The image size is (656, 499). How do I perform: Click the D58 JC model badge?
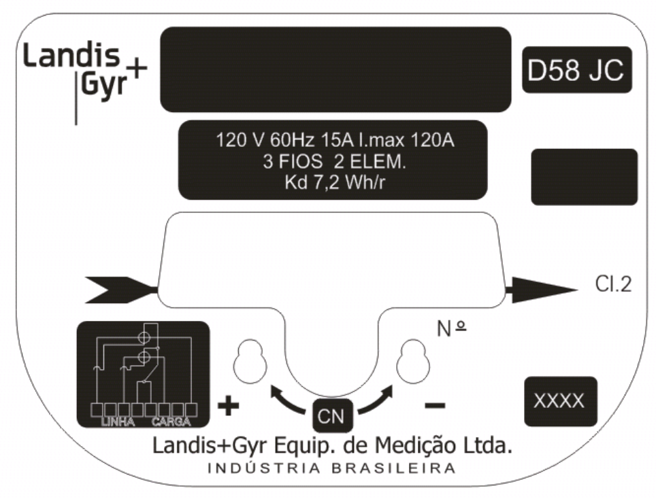tap(577, 70)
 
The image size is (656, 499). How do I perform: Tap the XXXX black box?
tap(561, 401)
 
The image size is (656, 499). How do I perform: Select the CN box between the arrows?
tap(332, 415)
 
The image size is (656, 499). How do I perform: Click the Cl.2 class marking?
tap(613, 285)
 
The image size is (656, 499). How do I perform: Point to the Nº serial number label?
tap(451, 328)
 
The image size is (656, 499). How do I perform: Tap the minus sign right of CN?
tap(435, 405)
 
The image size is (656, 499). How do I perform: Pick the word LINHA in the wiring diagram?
tap(118, 421)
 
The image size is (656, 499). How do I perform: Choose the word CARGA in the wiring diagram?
tap(171, 421)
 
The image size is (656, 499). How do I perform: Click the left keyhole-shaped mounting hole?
tap(250, 360)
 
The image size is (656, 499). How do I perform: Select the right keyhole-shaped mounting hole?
tap(413, 360)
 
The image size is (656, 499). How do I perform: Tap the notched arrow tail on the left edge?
tap(121, 290)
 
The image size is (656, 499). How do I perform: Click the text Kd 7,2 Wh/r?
tap(334, 183)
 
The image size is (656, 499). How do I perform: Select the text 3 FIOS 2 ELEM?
tap(334, 161)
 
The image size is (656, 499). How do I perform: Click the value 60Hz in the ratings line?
tap(292, 140)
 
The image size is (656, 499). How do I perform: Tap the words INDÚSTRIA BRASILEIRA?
tap(331, 468)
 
